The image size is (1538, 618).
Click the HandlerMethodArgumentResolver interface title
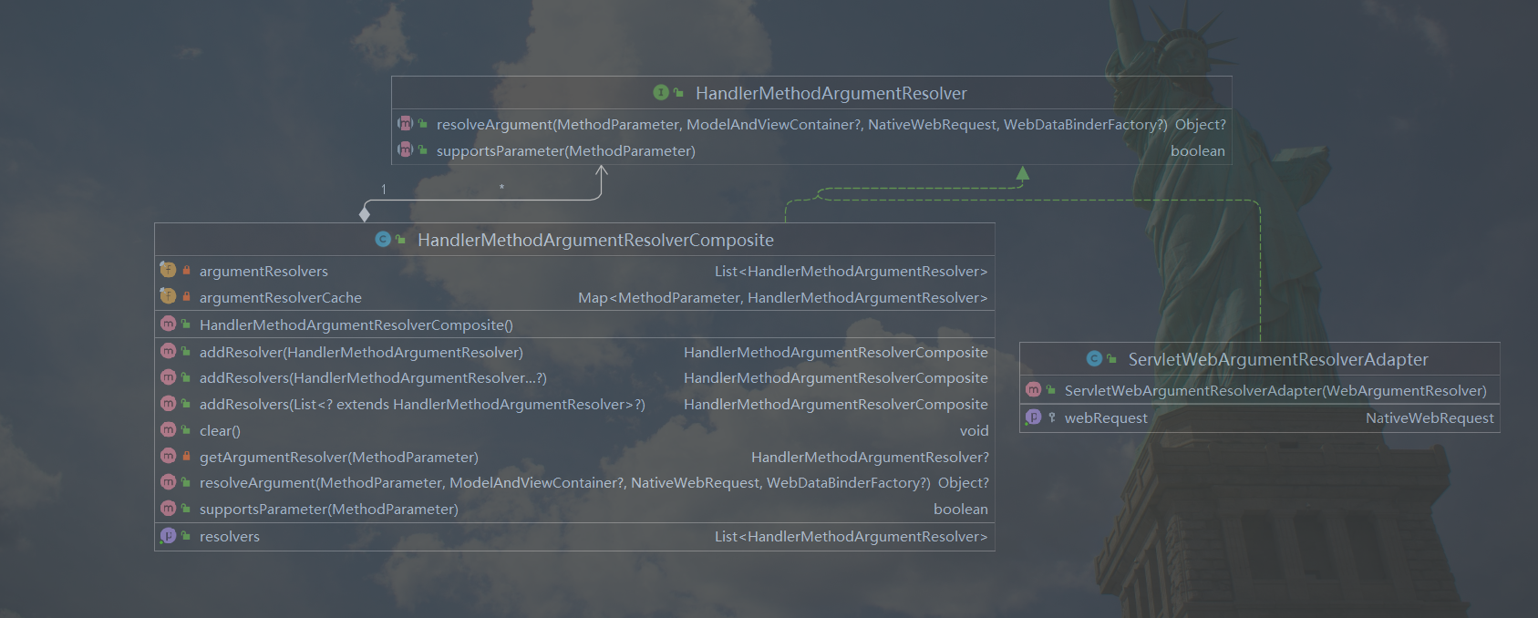831,94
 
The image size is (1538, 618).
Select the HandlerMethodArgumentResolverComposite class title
595,241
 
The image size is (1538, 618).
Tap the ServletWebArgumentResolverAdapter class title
1277,360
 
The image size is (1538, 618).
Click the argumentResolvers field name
263,272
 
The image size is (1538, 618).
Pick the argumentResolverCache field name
280,298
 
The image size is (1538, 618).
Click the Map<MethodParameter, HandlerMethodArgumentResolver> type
782,298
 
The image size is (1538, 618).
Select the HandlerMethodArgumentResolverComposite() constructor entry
356,325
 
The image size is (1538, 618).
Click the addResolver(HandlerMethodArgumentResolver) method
361,353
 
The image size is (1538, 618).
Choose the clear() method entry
220,431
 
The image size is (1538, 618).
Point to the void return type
974,431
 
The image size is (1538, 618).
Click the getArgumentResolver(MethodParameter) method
338,458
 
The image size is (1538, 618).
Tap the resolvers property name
230,537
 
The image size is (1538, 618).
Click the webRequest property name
1106,418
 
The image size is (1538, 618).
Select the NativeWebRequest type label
1430,418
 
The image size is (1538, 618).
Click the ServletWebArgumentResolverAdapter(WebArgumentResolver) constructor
1275,391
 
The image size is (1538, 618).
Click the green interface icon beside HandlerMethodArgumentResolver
661,93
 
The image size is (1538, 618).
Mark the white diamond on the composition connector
365,214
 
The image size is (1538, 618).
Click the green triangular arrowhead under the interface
1023,172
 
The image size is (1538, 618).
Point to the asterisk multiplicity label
501,188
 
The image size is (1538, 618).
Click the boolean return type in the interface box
1197,151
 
